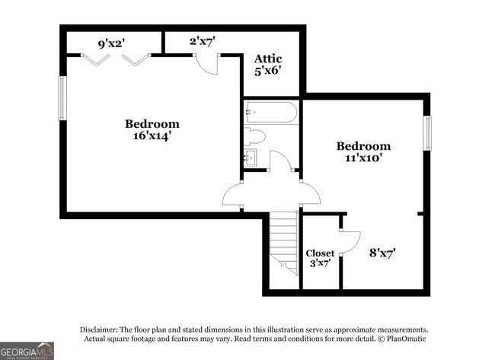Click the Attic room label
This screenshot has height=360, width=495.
tap(268, 59)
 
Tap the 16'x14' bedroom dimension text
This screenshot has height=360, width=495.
tap(152, 135)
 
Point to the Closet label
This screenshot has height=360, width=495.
tap(320, 253)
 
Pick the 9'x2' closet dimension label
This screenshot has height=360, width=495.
tap(112, 43)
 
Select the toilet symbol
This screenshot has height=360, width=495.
tap(255, 137)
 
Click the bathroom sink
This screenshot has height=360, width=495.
tap(251, 158)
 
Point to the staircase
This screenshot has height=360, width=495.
tap(284, 242)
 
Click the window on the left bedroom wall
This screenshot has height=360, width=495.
tap(62, 97)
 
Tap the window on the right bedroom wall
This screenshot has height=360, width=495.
tap(427, 132)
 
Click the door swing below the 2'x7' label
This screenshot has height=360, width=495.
tap(208, 64)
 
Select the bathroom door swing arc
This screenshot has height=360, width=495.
tap(279, 161)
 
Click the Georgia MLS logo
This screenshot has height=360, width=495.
tap(27, 350)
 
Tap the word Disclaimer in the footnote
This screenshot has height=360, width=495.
tap(101, 329)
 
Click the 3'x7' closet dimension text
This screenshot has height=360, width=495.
tap(320, 264)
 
